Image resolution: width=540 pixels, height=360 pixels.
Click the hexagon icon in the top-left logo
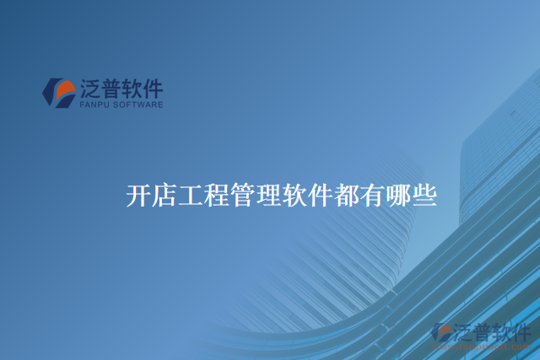[60, 93]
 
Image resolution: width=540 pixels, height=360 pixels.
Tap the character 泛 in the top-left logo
[90, 89]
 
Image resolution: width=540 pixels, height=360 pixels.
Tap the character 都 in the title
[348, 196]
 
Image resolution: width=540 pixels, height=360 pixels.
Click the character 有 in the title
[374, 196]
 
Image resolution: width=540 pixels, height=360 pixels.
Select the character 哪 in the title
[400, 196]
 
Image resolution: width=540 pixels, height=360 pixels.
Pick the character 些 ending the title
[425, 196]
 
